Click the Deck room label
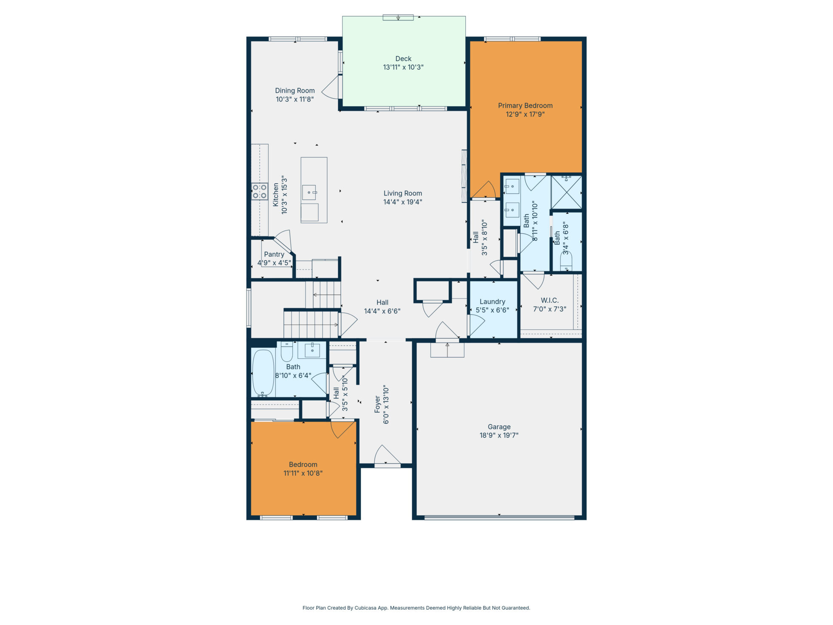(403, 59)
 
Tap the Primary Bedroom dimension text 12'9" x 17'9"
(525, 114)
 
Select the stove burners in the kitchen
(259, 191)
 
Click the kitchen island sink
(309, 192)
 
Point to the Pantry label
(274, 254)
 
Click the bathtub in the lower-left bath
(263, 373)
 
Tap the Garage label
(499, 427)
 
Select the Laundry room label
(493, 302)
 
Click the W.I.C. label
(550, 301)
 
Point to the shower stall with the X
(567, 192)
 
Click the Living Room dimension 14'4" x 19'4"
(403, 202)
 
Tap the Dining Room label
(295, 91)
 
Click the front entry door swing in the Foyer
(387, 455)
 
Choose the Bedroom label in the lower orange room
(303, 465)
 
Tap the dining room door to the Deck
(331, 87)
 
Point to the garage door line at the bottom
(499, 518)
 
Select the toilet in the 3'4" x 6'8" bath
(566, 261)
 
